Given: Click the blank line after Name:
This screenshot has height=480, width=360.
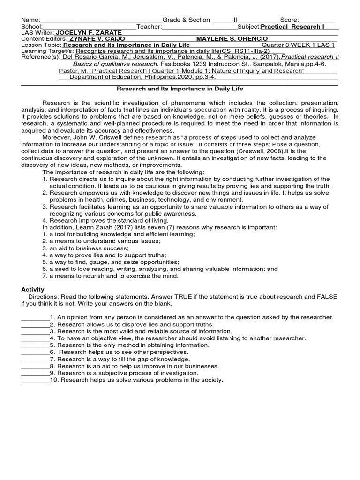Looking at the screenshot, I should pyautogui.click(x=101, y=20).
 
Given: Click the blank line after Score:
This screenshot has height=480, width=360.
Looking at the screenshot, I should pyautogui.click(x=317, y=20).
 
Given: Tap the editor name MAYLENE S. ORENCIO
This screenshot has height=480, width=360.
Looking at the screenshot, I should pyautogui.click(x=232, y=38).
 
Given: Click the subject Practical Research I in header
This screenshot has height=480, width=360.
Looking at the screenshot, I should pyautogui.click(x=292, y=26).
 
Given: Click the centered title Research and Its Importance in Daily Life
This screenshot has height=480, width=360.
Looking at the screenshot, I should pyautogui.click(x=180, y=89).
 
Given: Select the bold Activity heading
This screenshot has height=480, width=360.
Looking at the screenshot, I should pyautogui.click(x=33, y=289).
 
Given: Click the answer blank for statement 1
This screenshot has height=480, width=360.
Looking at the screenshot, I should pyautogui.click(x=35, y=317).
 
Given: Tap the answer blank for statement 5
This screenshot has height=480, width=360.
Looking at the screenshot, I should pyautogui.click(x=35, y=345).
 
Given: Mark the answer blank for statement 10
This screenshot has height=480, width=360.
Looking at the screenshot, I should pyautogui.click(x=35, y=380).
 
